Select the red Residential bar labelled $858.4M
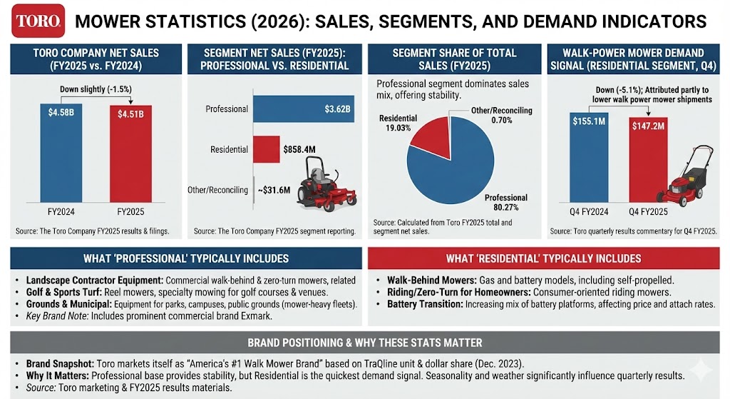(266, 149)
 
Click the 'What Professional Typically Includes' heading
(185, 258)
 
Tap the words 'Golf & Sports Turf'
(55, 292)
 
